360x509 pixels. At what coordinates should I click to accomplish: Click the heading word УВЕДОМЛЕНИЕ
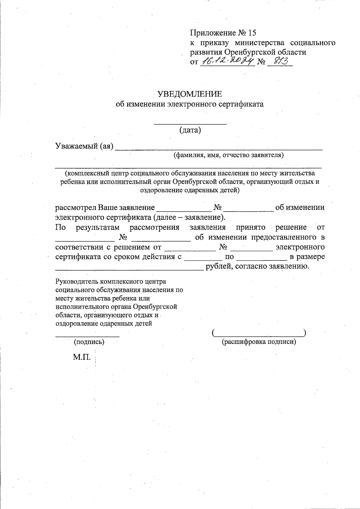(190, 94)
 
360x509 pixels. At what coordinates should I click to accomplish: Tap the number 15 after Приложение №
(252, 32)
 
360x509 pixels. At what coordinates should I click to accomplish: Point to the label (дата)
(190, 130)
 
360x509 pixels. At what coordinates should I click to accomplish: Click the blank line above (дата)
(190, 123)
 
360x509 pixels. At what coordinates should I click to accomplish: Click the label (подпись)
(89, 342)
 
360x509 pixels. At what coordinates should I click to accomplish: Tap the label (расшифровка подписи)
(259, 342)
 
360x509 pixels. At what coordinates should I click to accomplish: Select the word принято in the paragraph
(250, 228)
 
